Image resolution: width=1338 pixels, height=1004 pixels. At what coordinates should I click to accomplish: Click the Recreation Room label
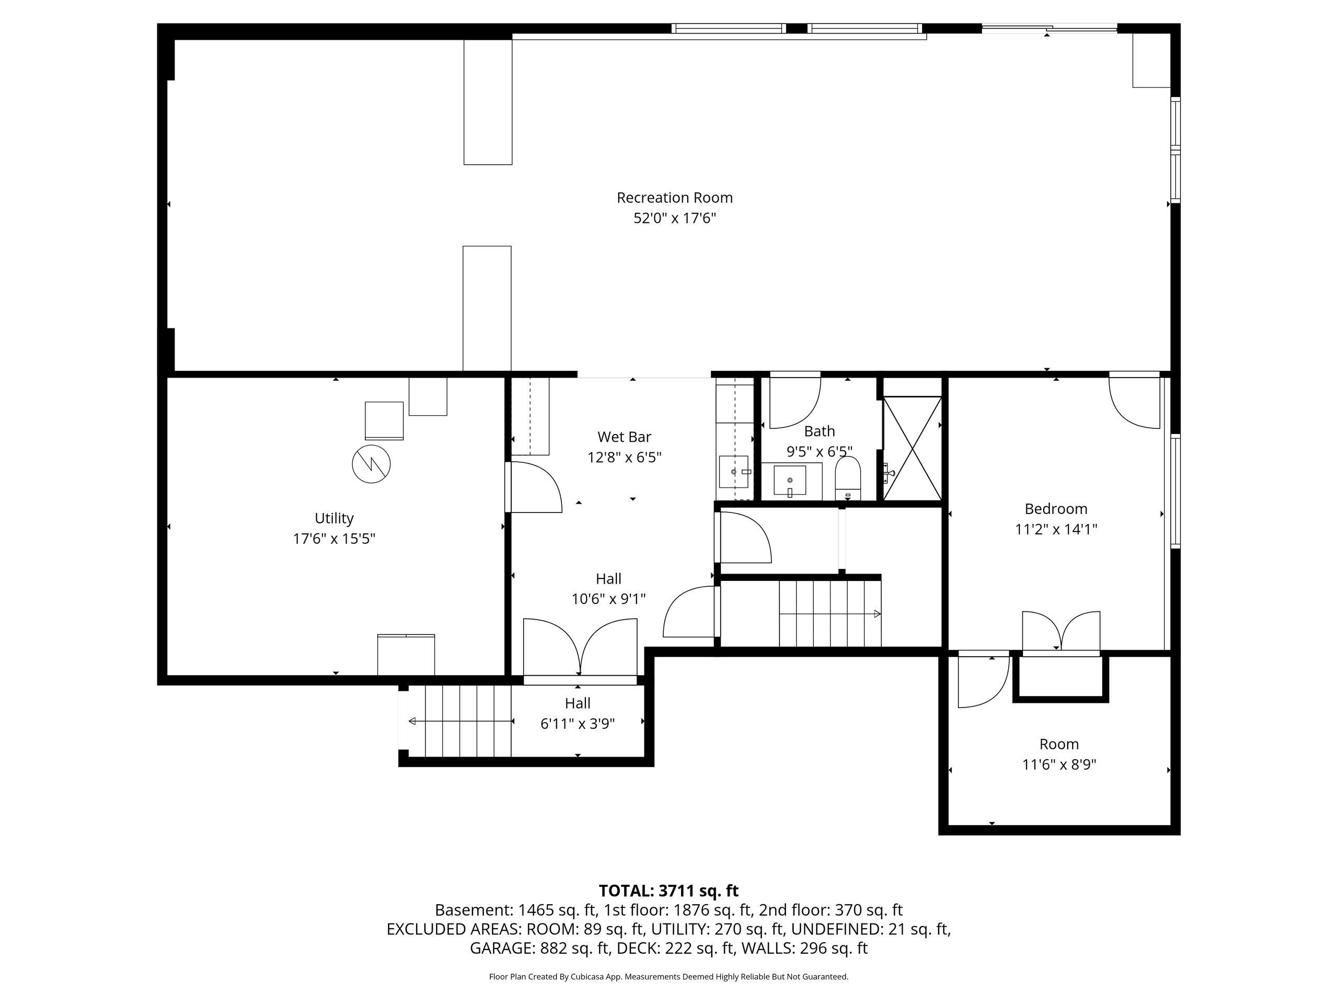tap(674, 198)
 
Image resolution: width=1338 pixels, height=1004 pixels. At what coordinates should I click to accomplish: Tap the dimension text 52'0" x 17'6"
tap(674, 219)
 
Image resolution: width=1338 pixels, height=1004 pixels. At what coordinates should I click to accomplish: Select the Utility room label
tap(334, 519)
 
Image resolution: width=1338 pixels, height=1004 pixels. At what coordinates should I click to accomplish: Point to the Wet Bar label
tap(624, 437)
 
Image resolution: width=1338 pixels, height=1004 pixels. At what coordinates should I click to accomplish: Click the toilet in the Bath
tap(847, 477)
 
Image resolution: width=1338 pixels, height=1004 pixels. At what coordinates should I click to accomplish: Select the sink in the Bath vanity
tap(790, 481)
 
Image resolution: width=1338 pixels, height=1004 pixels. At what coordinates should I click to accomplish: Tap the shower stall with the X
tap(913, 448)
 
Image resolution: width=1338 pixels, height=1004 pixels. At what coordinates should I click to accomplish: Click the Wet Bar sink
tap(734, 472)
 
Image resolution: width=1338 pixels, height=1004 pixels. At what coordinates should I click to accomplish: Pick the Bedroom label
tap(1056, 509)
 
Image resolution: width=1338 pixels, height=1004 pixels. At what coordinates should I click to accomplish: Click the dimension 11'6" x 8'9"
tap(1059, 765)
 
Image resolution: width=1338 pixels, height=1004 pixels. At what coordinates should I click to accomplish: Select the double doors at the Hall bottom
tap(580, 647)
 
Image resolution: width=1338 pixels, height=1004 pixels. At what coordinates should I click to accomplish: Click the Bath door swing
tap(795, 403)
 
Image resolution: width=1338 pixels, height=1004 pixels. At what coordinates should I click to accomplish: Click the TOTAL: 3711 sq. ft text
tap(668, 891)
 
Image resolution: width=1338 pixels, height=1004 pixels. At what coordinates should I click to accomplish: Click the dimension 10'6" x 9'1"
tap(608, 599)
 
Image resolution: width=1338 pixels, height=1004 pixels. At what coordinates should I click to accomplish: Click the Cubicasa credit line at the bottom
tap(668, 977)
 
